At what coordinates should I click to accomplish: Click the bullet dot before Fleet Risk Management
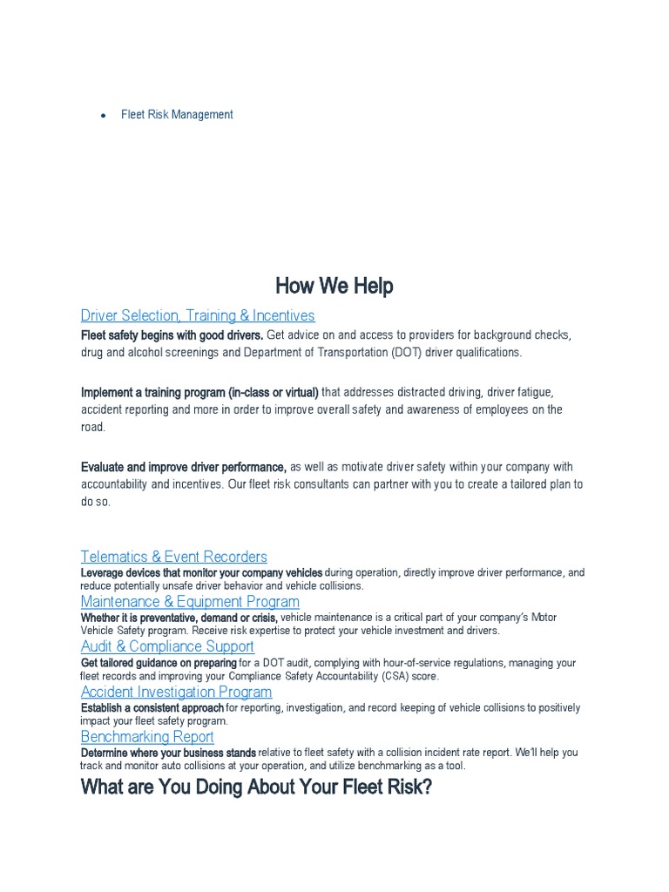(x=103, y=115)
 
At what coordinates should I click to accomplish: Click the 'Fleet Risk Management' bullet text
(x=177, y=114)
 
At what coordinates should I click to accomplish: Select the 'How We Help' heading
(x=334, y=286)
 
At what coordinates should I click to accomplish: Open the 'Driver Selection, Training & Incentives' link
(x=198, y=315)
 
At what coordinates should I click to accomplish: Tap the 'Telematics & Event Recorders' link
(x=174, y=557)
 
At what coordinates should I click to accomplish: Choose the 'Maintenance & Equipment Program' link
(x=190, y=602)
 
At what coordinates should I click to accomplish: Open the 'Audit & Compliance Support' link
(x=167, y=646)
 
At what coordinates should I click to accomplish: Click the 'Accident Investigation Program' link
(x=176, y=692)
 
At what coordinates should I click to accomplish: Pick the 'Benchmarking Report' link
(x=147, y=737)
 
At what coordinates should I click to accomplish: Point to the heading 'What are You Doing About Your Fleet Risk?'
(x=256, y=789)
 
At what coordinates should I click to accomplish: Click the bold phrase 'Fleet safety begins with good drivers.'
(x=172, y=335)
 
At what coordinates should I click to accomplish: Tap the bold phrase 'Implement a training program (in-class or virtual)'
(x=199, y=392)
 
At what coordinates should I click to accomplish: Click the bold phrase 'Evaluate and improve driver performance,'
(x=184, y=467)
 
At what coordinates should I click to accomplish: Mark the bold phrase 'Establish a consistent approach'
(x=152, y=708)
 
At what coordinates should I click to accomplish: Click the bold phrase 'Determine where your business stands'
(x=168, y=753)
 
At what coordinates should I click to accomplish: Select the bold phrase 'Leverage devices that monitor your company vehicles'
(x=201, y=573)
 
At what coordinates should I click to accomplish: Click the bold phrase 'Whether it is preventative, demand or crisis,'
(x=179, y=618)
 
